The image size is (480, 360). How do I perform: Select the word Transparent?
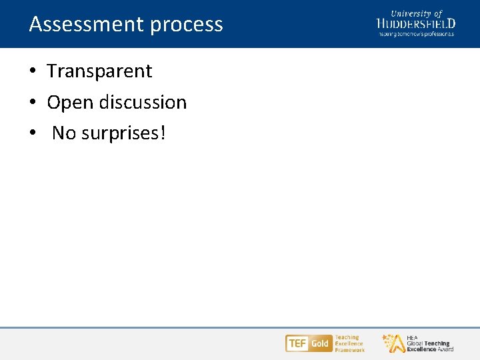[x=99, y=71]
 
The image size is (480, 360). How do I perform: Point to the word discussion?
[x=143, y=103]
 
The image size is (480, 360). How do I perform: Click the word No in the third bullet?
[x=63, y=133]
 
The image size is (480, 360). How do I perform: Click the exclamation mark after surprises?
[x=162, y=133]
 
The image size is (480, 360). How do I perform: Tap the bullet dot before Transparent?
[x=33, y=71]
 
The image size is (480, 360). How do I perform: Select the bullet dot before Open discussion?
[x=33, y=103]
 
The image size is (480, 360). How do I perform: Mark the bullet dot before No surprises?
[x=33, y=134]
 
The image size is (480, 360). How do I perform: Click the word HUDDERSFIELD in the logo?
[x=416, y=24]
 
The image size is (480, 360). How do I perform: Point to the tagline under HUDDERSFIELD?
[x=416, y=33]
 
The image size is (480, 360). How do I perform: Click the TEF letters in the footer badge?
[x=297, y=343]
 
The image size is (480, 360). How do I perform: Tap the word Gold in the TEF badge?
[x=320, y=343]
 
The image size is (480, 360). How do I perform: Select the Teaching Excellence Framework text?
[x=349, y=343]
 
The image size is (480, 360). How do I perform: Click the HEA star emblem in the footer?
[x=393, y=343]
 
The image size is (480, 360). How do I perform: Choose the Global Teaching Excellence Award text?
[x=429, y=344]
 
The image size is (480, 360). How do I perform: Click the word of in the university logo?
[x=437, y=13]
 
